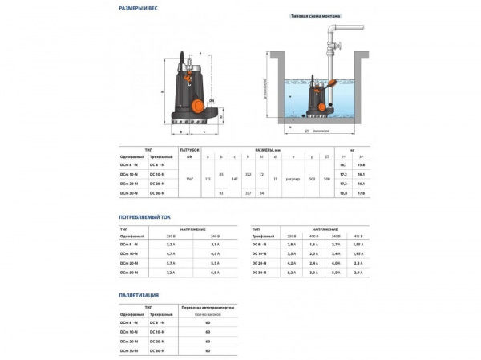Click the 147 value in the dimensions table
click(235, 178)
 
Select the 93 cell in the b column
click(221, 193)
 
